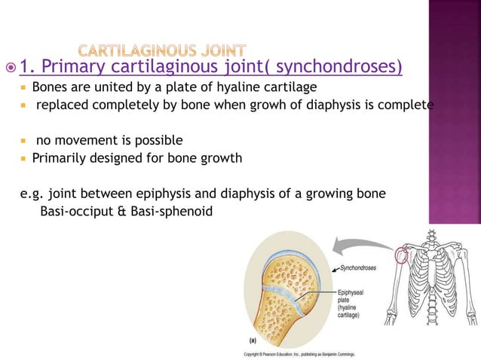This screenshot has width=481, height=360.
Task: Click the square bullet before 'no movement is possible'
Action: pyautogui.click(x=24, y=141)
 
